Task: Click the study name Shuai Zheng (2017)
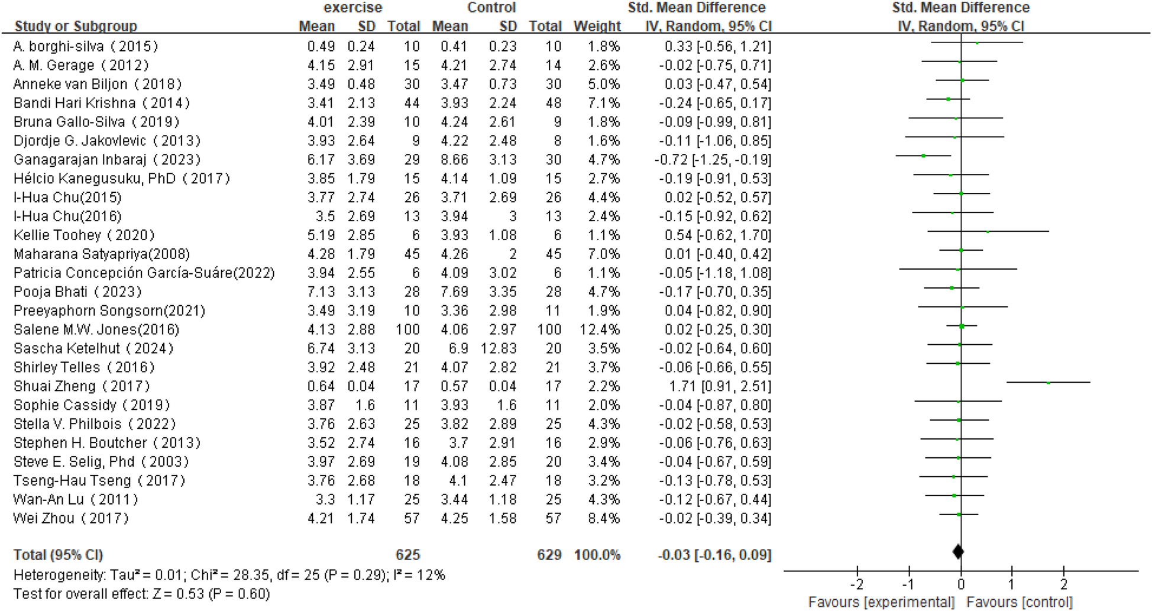coord(82,386)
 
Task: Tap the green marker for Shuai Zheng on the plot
coord(1049,383)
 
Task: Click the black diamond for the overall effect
coord(958,552)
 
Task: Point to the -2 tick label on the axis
coord(857,584)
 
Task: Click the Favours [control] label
coord(1019,602)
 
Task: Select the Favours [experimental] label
coord(881,602)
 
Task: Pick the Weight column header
coord(597,26)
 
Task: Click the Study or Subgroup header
coord(76,26)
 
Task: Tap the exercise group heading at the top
coord(352,8)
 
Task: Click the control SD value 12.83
coord(498,348)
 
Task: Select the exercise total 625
coord(407,555)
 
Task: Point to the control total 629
coord(549,555)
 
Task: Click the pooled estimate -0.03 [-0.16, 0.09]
coord(714,555)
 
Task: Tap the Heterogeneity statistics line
coord(229,575)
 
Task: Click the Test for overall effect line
coord(142,593)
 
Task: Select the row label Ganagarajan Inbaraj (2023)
coord(107,160)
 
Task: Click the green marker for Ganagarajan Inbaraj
coord(923,156)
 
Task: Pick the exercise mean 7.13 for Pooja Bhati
coord(321,292)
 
